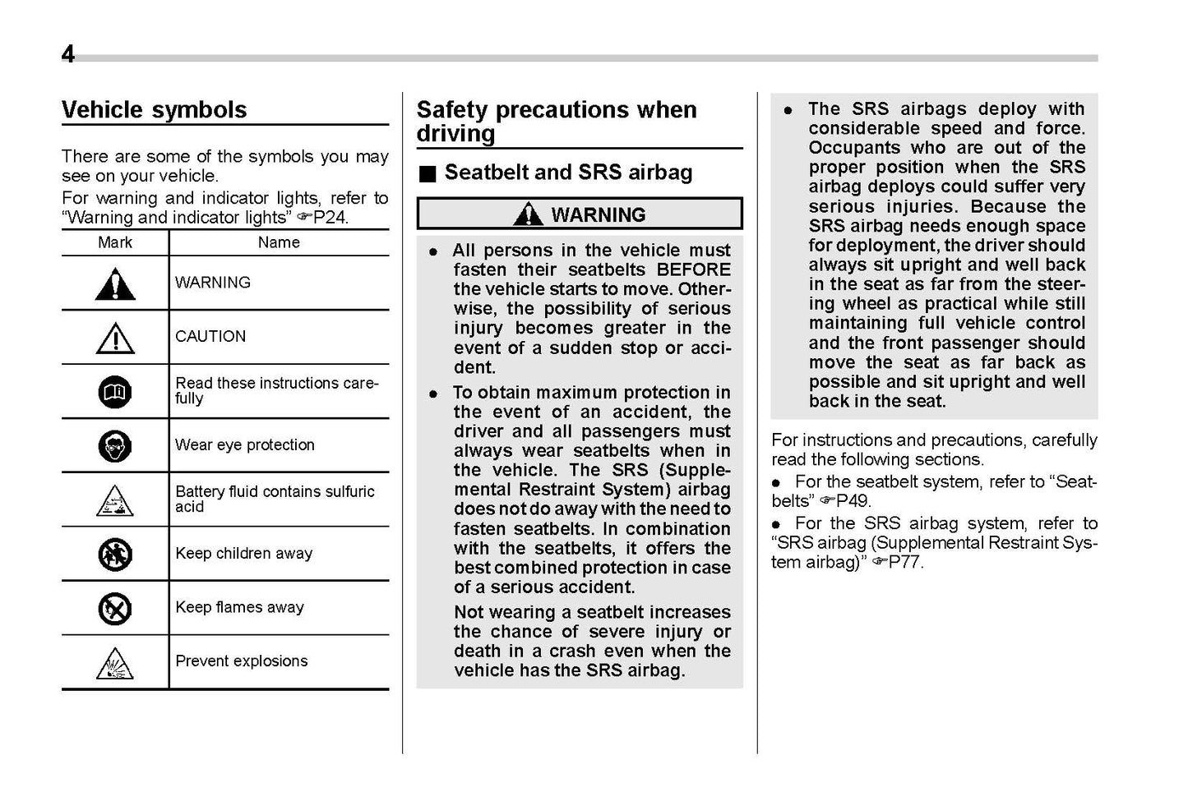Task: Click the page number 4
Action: click(68, 54)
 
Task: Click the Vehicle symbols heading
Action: click(154, 110)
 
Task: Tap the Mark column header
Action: click(115, 242)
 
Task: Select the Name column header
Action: click(279, 242)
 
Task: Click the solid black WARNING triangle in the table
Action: click(115, 284)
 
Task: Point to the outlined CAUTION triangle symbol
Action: click(115, 338)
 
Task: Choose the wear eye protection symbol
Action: click(115, 446)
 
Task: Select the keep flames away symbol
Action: click(115, 609)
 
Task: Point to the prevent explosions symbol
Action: click(115, 663)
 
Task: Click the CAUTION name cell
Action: click(210, 337)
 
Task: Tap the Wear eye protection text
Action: click(245, 445)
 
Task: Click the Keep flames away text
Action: click(239, 608)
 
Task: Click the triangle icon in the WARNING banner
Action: click(527, 214)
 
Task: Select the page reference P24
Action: click(331, 218)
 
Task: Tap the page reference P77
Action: click(905, 563)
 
